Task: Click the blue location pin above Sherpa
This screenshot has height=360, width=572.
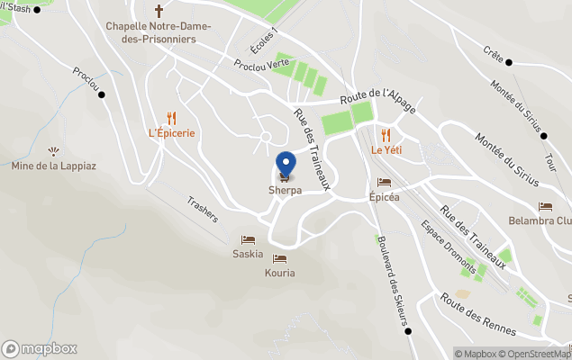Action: (x=286, y=165)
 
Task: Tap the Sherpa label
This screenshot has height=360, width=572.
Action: (x=285, y=191)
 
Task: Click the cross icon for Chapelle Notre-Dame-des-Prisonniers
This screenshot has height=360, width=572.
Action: (x=159, y=11)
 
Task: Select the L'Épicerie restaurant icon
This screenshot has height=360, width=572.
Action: (x=171, y=117)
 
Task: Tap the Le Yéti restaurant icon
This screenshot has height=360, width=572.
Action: (x=386, y=134)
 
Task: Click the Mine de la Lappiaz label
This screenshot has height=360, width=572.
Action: (x=53, y=166)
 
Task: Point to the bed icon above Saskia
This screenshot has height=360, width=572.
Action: (x=248, y=239)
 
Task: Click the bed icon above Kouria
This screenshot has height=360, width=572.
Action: (x=279, y=258)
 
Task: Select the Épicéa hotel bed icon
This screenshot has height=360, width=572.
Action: (x=384, y=182)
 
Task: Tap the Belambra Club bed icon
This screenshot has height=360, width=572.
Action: (x=545, y=206)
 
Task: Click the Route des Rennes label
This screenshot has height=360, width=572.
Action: (x=478, y=314)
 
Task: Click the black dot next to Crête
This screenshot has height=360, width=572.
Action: (x=509, y=62)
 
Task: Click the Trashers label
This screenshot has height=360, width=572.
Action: (x=204, y=210)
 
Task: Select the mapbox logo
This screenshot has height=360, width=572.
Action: (x=40, y=348)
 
